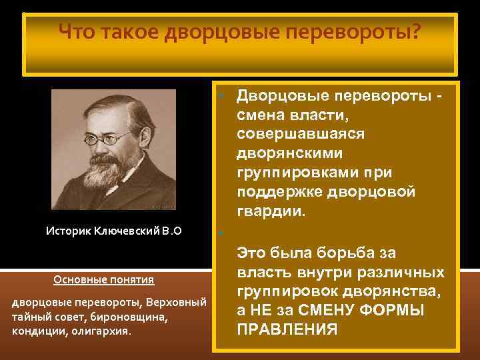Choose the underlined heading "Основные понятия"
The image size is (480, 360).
tap(103, 279)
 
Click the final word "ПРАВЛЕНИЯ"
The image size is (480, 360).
tap(287, 330)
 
